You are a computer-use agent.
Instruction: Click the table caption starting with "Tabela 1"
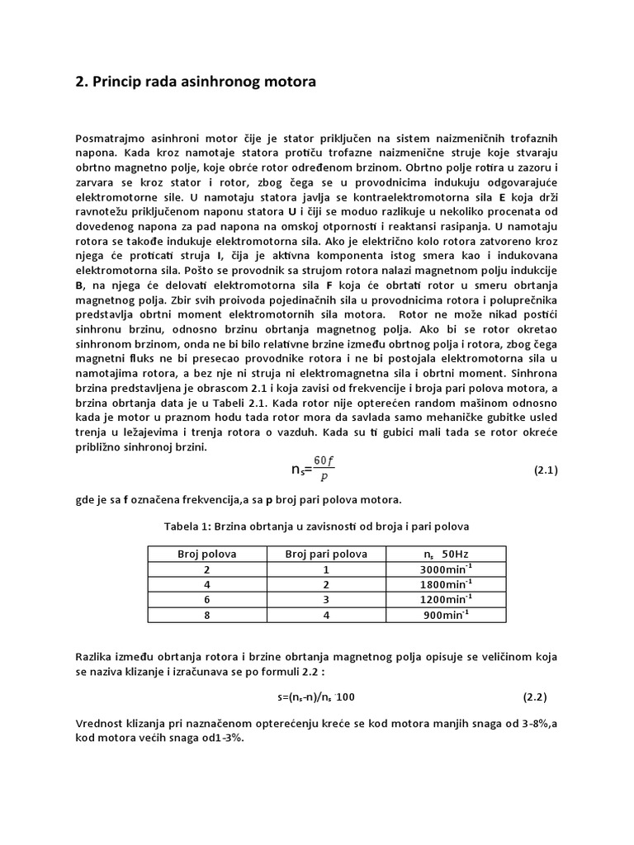point(317,526)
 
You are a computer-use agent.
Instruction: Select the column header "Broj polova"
point(207,554)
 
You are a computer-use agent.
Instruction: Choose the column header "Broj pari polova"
point(326,554)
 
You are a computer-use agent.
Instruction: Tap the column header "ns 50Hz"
point(442,554)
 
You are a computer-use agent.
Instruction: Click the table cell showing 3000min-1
point(442,569)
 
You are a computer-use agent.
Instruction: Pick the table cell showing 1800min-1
point(442,584)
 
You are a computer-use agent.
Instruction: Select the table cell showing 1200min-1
point(442,599)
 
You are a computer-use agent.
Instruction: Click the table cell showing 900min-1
point(442,614)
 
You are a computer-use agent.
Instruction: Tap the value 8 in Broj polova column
point(207,614)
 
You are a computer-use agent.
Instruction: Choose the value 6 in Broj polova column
point(207,599)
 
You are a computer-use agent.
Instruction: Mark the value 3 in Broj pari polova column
point(326,599)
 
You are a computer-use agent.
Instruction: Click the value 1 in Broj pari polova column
point(326,569)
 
